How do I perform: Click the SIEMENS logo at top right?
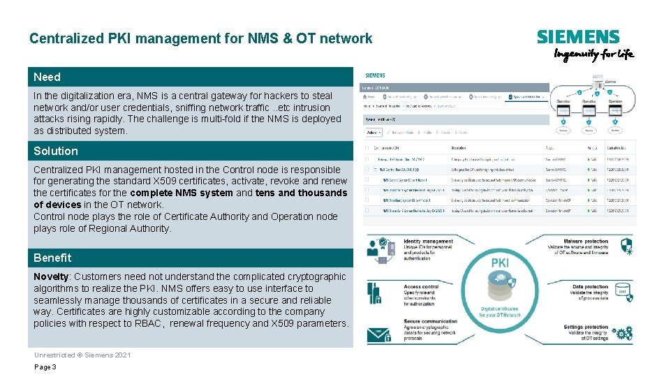578,37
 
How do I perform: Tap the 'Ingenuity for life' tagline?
593,55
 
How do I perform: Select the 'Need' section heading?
47,77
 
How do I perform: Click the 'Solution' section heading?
56,151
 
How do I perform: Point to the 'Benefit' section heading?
52,258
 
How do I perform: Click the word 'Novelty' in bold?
51,276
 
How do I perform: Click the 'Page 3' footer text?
45,367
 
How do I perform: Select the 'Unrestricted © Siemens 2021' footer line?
82,355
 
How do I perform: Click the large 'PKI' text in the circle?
500,263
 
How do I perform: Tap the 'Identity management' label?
428,242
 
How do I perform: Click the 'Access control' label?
421,287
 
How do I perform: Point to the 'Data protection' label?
590,287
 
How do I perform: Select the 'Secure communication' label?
430,322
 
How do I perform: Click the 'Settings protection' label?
586,327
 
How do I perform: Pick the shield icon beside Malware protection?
626,244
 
